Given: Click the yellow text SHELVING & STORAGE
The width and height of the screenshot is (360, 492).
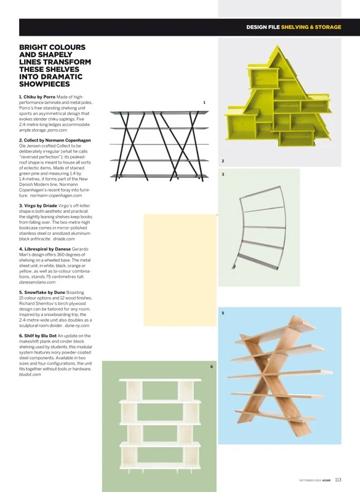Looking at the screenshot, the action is (311, 27).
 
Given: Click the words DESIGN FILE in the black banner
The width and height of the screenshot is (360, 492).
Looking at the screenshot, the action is (263, 27).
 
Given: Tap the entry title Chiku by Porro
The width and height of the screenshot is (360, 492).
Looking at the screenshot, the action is (37, 97).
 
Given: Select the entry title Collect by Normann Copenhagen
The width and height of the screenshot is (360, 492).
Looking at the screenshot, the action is (55, 140).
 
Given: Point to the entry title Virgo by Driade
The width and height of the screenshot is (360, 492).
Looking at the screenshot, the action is (38, 206).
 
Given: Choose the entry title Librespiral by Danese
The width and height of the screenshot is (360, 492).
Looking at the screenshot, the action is (45, 249).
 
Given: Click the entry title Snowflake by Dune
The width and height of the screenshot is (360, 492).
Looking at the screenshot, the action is (42, 293).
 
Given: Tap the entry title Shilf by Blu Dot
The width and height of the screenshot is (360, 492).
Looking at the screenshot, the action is (38, 336).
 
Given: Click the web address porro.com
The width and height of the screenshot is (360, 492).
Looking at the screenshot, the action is (57, 130).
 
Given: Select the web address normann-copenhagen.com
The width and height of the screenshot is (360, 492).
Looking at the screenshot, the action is (56, 196).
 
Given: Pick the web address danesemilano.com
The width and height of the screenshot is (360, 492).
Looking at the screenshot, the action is (37, 282).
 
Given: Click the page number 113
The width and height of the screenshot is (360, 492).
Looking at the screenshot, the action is (338, 480).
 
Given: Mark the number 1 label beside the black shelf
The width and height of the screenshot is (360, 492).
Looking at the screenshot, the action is (204, 102).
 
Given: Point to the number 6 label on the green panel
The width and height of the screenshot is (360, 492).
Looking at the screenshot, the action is (212, 367).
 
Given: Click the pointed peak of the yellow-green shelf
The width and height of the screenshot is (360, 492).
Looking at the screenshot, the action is (278, 46).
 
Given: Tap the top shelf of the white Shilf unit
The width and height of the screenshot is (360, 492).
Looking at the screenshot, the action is (160, 380).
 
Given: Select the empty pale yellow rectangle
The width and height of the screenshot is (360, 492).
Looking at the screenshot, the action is (180, 270).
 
